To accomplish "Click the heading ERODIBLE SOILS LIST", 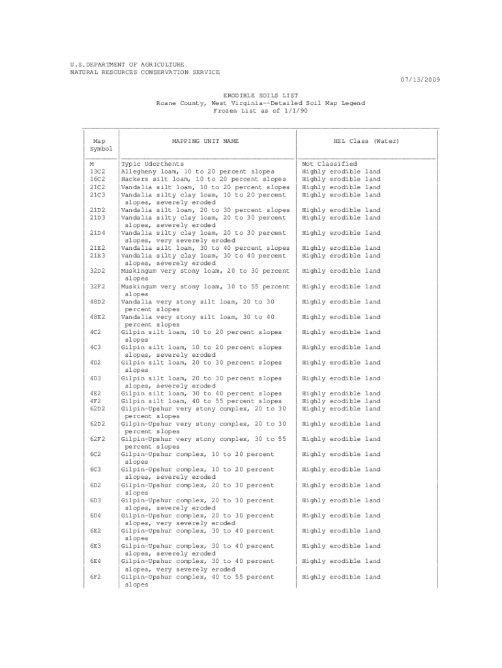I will pos(261,95).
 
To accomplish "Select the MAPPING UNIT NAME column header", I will pos(205,141).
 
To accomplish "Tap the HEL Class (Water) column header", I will pos(366,141).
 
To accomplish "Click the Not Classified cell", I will pos(329,164).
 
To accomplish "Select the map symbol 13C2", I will pos(98,172).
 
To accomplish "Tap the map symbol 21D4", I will pos(98,233).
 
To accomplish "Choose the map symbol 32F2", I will pos(98,286).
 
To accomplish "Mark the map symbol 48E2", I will pos(98,317).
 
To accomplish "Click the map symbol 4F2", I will pos(96,401).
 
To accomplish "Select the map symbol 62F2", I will pos(98,439).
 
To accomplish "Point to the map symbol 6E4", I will pos(96,561).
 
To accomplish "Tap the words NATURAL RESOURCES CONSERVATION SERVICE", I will pos(145,72).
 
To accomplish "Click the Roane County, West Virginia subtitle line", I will pos(261,103).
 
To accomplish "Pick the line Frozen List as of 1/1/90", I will pos(261,111).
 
